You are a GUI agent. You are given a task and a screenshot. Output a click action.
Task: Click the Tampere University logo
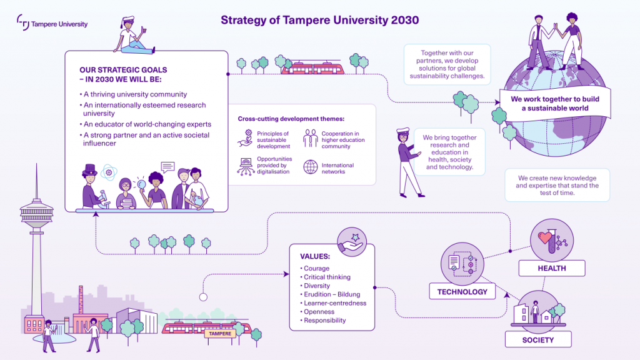(x=52, y=23)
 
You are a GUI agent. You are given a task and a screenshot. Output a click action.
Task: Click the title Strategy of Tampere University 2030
(x=319, y=20)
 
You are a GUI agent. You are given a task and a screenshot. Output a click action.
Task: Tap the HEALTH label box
(x=552, y=268)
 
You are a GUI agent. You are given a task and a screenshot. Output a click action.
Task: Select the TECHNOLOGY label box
(x=462, y=291)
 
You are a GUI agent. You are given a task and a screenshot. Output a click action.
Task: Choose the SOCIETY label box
(x=538, y=339)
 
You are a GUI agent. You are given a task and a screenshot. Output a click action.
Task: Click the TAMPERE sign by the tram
(x=220, y=334)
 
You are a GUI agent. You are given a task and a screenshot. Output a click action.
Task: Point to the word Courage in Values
(x=316, y=268)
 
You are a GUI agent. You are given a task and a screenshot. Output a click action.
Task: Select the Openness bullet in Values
(x=319, y=312)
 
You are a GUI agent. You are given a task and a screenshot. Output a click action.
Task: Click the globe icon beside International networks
(x=310, y=167)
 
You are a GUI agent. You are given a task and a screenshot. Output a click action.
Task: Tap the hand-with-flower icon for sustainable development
(x=245, y=139)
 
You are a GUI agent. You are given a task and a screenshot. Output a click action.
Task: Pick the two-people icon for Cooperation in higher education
(x=310, y=138)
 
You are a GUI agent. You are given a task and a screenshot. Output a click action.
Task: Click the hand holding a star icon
(x=351, y=242)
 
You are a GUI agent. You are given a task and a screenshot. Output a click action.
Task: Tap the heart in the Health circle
(x=544, y=237)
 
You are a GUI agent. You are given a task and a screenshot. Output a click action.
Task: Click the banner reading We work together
(x=555, y=104)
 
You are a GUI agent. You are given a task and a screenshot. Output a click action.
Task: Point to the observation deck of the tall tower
(x=37, y=212)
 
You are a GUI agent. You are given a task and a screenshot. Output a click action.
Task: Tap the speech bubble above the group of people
(x=167, y=167)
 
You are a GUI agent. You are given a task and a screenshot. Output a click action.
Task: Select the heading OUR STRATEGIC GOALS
(x=123, y=70)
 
